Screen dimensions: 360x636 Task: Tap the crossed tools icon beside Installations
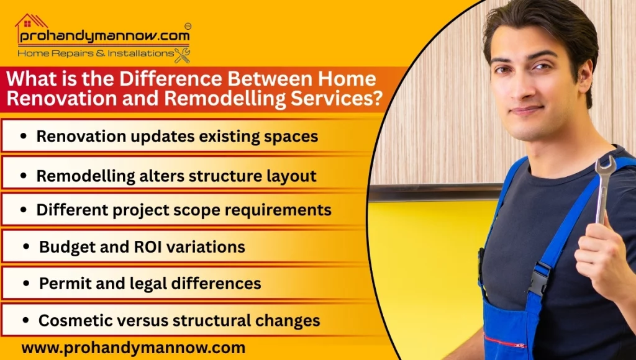point(182,55)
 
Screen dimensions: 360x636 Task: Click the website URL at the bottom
point(133,347)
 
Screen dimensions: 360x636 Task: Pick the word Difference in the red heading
point(178,79)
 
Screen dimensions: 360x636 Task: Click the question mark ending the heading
point(376,97)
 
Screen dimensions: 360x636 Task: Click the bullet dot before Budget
point(26,247)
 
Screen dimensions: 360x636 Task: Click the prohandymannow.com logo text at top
point(103,37)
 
